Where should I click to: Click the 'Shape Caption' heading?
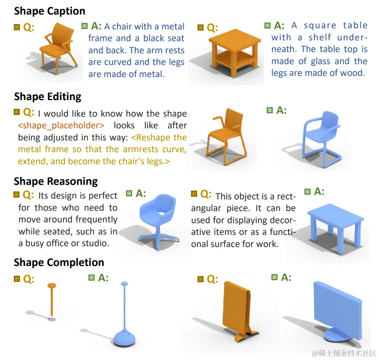50,11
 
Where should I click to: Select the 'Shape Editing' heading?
48,96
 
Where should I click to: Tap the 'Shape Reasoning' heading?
56,181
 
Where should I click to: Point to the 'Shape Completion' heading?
59,262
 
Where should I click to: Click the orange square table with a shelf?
235,52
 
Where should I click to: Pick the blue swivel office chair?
159,221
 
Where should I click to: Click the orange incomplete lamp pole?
52,299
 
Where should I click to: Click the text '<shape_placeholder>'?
61,126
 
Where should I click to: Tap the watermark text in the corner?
344,353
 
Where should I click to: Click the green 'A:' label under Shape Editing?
277,111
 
